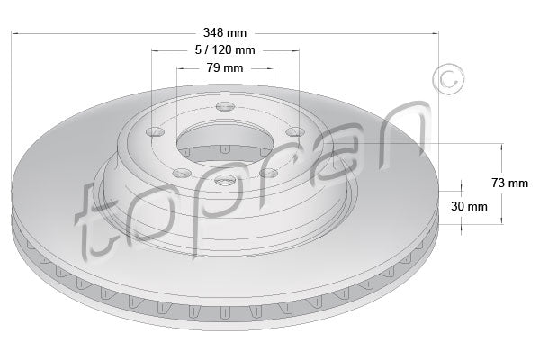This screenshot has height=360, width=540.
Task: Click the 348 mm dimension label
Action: pyautogui.click(x=225, y=33)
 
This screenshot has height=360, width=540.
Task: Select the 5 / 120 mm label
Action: pyautogui.click(x=225, y=51)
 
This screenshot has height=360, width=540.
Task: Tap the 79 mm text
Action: pyautogui.click(x=225, y=68)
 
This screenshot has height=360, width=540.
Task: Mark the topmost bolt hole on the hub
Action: pyautogui.click(x=225, y=110)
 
